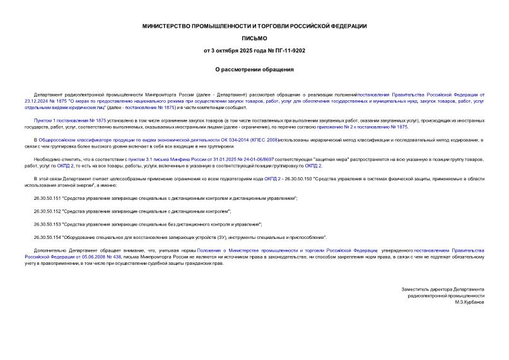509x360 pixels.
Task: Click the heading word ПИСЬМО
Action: [x=254, y=38]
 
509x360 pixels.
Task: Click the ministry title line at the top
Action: [x=254, y=26]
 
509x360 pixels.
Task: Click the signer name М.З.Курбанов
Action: [x=469, y=302]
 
